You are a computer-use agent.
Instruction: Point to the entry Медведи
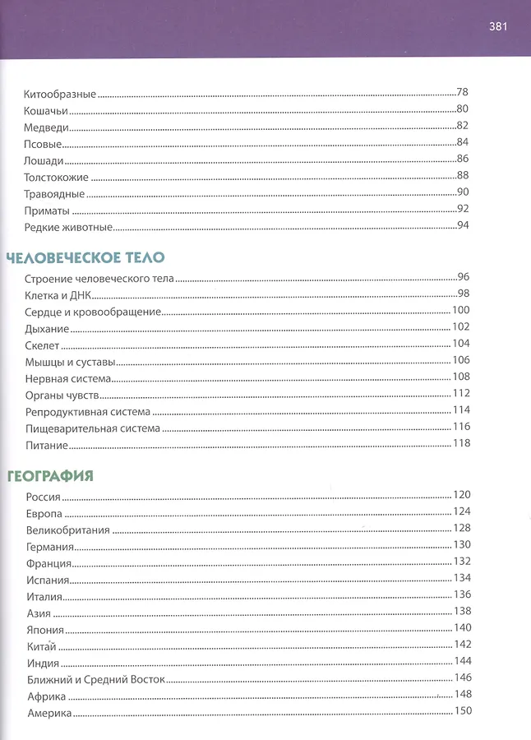(x=46, y=127)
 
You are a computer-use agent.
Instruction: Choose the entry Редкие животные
(x=68, y=226)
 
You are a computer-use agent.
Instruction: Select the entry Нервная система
(x=68, y=378)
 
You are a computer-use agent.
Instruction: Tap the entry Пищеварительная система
(x=92, y=428)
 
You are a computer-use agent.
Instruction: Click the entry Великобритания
(x=67, y=529)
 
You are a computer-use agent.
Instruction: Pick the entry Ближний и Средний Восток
(x=95, y=678)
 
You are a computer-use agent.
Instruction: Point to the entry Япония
(x=46, y=628)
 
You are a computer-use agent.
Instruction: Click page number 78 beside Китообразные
(x=462, y=93)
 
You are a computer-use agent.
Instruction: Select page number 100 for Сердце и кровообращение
(x=460, y=311)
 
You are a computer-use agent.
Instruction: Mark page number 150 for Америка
(x=462, y=711)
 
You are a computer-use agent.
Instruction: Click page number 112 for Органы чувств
(x=460, y=394)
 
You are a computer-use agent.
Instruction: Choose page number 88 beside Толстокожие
(x=462, y=175)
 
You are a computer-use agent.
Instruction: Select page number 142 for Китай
(x=462, y=644)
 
